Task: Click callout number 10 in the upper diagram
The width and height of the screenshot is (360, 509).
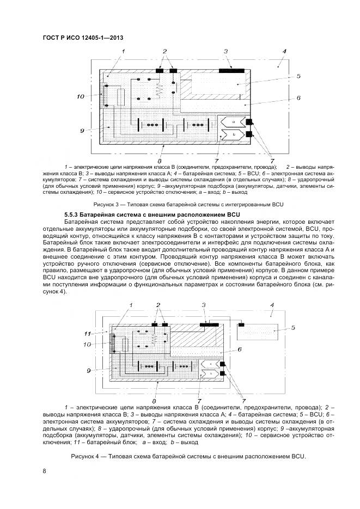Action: (80, 97)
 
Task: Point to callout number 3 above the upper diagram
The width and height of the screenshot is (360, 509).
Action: (224, 51)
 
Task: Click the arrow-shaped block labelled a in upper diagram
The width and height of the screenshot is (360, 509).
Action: (231, 121)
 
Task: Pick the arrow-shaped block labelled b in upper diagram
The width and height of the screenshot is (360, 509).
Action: (231, 133)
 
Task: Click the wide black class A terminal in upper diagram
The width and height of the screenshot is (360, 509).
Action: (231, 70)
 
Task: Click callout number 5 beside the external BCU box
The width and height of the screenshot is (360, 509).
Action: (292, 327)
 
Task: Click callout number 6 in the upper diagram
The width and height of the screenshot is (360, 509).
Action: (299, 98)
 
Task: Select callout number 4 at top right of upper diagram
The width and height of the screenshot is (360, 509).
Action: (283, 51)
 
